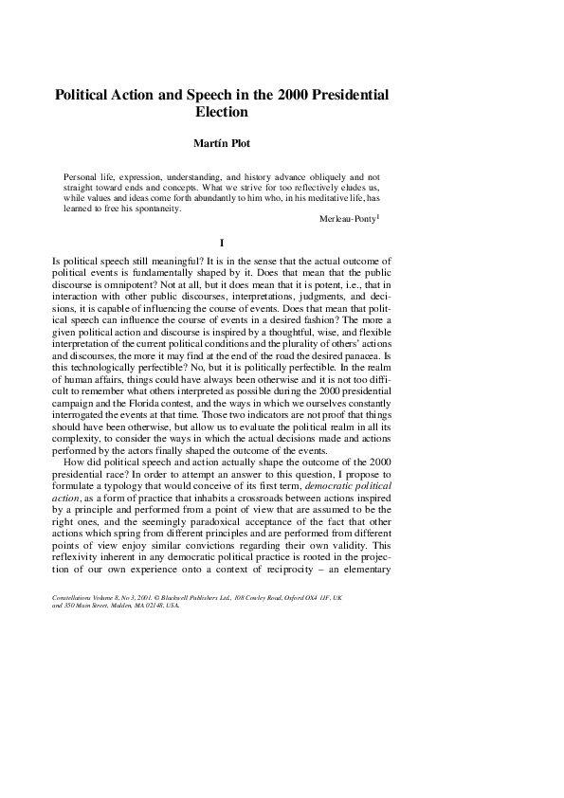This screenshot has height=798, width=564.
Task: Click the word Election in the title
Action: tap(221, 113)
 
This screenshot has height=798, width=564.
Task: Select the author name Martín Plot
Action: tap(221, 146)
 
